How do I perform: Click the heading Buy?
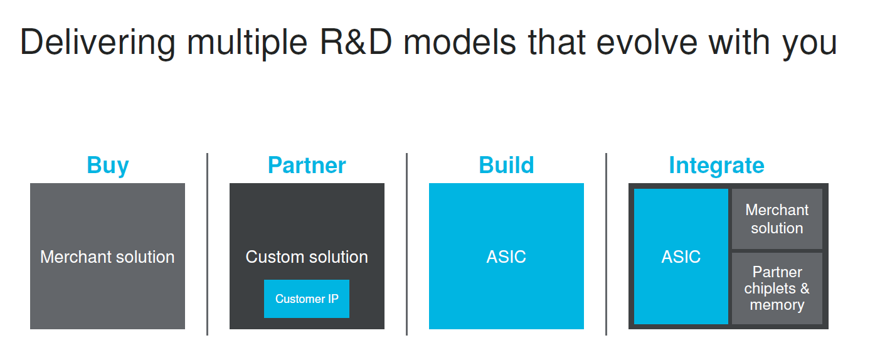click(108, 166)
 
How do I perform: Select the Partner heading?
click(307, 166)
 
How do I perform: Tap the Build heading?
click(506, 166)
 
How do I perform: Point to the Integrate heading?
click(716, 166)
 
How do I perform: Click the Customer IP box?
click(307, 299)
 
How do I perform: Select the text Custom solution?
click(307, 257)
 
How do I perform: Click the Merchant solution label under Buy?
click(107, 257)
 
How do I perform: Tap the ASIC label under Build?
click(506, 257)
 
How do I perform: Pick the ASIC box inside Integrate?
click(681, 257)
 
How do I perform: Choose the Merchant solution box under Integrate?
click(777, 219)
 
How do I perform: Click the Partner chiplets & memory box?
click(777, 289)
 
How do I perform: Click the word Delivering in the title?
click(97, 43)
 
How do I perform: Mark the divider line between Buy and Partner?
click(207, 245)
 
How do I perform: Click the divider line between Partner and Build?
click(406, 245)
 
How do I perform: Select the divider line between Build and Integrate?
click(606, 245)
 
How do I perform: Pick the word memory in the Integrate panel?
click(777, 305)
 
